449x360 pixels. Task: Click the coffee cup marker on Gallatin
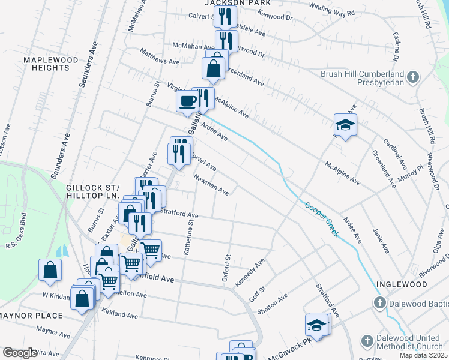(188, 101)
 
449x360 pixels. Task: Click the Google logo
(19, 353)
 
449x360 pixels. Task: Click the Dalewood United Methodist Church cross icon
(367, 341)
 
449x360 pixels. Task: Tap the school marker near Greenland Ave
(346, 125)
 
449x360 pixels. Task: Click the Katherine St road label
(190, 237)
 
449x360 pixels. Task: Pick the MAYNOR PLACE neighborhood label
(31, 316)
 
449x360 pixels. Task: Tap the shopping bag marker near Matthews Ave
(214, 69)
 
